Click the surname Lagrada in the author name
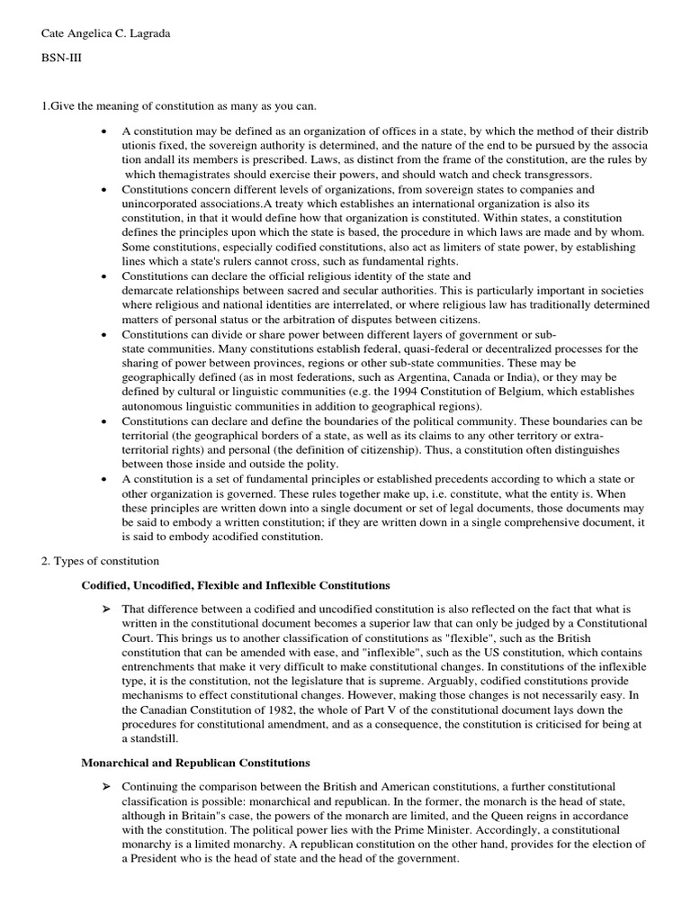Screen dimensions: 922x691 (x=142, y=34)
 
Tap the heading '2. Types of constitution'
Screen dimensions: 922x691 (x=99, y=561)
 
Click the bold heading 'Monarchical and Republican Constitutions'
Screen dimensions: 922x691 (x=196, y=763)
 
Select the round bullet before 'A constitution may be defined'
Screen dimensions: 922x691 (x=107, y=132)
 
